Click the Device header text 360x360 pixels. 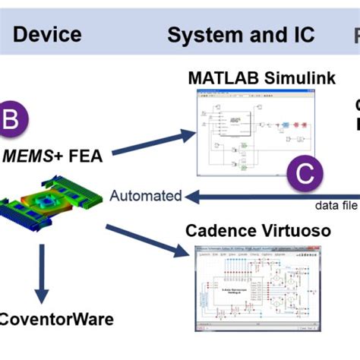click(47, 34)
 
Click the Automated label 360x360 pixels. click(146, 196)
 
